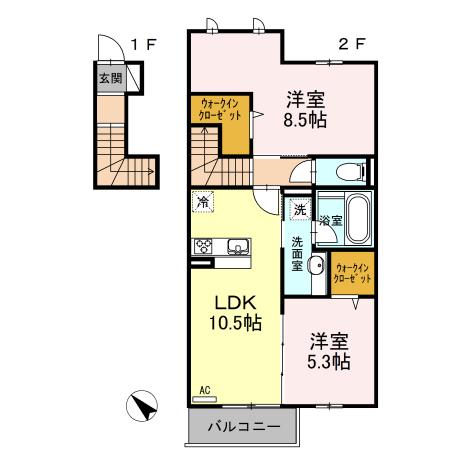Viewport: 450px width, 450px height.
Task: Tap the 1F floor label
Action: pyautogui.click(x=143, y=44)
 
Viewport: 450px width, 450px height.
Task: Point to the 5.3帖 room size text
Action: pyautogui.click(x=328, y=361)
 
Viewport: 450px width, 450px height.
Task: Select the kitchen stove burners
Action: pyautogui.click(x=204, y=245)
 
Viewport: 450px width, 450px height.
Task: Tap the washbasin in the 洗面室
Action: pyautogui.click(x=314, y=266)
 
